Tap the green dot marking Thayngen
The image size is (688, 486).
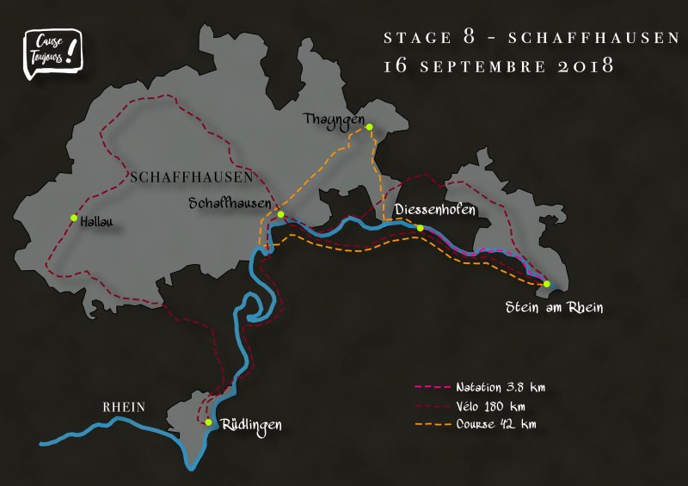point(369,127)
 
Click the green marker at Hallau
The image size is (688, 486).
point(74,218)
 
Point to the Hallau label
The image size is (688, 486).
point(96,222)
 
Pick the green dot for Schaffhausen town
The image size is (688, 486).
point(280,214)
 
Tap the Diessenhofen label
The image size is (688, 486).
point(434,209)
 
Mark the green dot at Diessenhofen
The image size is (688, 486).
point(420,228)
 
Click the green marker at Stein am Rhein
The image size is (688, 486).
point(547,284)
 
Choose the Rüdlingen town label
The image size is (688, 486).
point(251,425)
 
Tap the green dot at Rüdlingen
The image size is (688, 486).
point(208,422)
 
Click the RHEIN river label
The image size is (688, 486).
point(124,408)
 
